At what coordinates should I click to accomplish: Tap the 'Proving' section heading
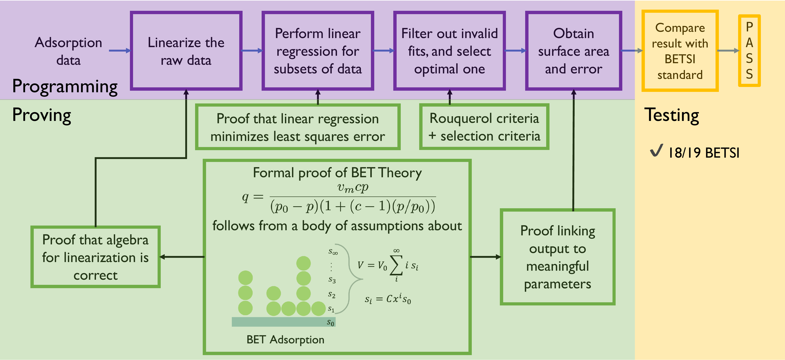coord(42,115)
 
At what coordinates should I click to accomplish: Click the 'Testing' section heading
coord(672,115)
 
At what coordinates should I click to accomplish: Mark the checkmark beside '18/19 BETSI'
coord(656,150)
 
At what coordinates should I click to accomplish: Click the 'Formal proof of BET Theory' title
coord(337,173)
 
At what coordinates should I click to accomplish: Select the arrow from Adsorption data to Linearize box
coord(120,51)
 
